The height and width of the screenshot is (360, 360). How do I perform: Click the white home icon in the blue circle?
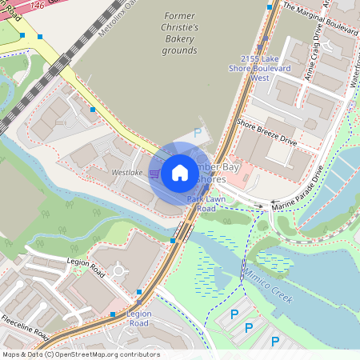[180, 172]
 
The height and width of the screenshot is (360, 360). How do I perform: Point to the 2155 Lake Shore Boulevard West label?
[260, 68]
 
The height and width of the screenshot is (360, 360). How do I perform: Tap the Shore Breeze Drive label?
[266, 132]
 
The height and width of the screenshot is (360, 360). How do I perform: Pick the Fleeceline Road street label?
[25, 326]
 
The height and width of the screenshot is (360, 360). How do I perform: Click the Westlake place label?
[127, 172]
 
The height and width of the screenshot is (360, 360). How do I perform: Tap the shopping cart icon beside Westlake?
[153, 172]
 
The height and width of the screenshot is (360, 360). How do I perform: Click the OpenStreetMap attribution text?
[80, 354]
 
